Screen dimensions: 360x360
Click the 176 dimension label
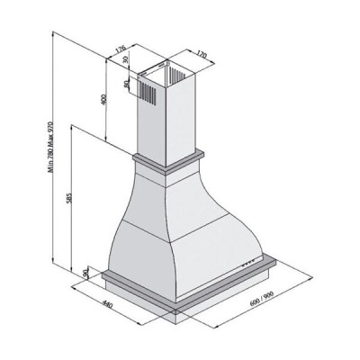point(121,49)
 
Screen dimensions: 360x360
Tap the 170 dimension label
point(202,55)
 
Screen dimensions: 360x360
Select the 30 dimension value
point(126,59)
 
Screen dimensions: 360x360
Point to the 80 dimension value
point(127,84)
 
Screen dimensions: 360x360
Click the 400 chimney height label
point(103,99)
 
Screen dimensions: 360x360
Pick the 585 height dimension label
point(68,198)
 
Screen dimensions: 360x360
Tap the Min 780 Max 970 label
point(50,148)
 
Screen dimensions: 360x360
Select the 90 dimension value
point(85,274)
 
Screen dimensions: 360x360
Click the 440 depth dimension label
point(107,305)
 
